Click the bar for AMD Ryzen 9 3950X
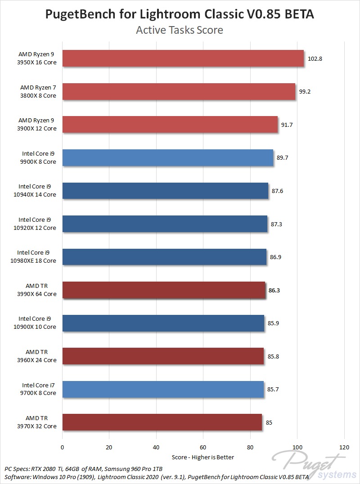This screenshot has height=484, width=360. (183, 58)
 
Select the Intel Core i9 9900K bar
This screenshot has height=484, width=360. (167, 157)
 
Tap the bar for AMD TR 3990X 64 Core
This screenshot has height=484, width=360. (164, 290)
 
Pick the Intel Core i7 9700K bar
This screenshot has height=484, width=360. (163, 389)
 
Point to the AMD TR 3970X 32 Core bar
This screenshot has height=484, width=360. (162, 422)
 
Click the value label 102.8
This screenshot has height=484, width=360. (315, 59)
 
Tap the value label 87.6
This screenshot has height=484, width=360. (277, 191)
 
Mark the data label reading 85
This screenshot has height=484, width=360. (269, 422)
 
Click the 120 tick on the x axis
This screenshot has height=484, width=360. (344, 448)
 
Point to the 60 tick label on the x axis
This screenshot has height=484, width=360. (203, 448)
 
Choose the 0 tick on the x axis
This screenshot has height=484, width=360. (63, 448)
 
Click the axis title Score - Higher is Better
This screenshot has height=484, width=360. (203, 457)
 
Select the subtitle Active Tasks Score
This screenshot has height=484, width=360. (180, 30)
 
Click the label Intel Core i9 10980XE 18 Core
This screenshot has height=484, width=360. (37, 257)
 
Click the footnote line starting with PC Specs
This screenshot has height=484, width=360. (83, 469)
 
